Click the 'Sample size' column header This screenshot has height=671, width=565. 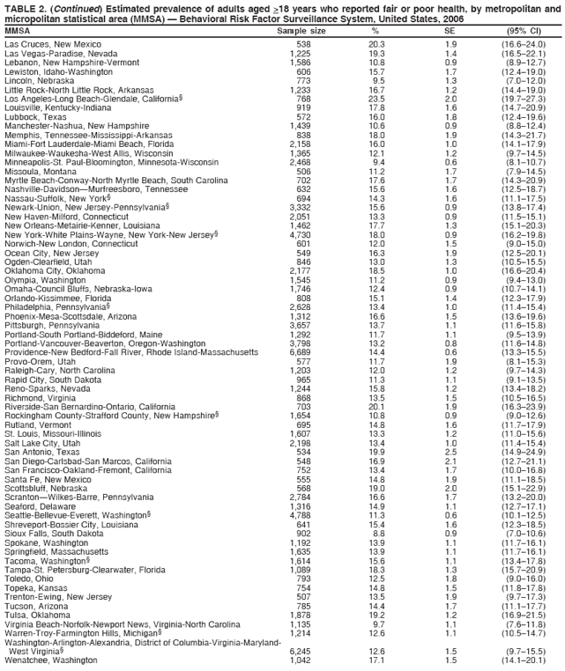(301, 31)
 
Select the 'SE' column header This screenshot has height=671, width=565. (450, 31)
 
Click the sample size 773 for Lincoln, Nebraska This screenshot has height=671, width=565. (302, 80)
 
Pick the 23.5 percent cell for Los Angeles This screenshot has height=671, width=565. (376, 99)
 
